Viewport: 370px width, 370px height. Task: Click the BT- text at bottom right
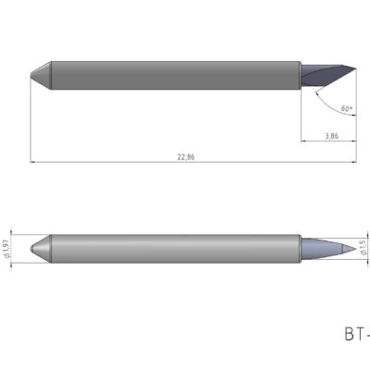click(356, 332)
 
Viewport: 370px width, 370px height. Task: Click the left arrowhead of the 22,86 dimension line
click(33, 163)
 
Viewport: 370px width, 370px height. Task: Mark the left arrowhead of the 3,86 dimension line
click(304, 142)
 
